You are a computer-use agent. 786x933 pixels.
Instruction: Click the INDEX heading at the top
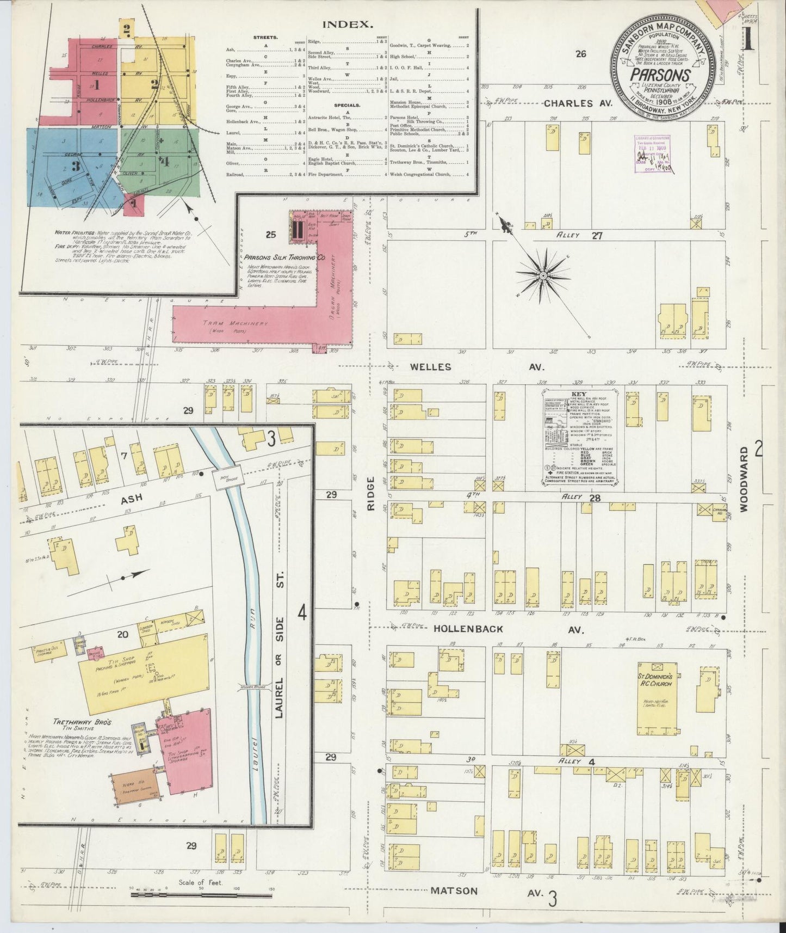pyautogui.click(x=348, y=24)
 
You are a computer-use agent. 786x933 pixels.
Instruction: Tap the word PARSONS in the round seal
pyautogui.click(x=661, y=76)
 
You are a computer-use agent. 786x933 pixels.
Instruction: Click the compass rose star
pyautogui.click(x=542, y=277)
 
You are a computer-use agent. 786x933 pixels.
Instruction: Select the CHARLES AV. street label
pyautogui.click(x=578, y=103)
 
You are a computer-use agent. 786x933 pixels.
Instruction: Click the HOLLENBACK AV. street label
pyautogui.click(x=508, y=629)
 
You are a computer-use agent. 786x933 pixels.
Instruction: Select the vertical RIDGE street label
pyautogui.click(x=372, y=493)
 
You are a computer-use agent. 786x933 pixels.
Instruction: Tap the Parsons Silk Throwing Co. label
pyautogui.click(x=284, y=257)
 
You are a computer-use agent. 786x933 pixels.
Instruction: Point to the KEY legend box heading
pyautogui.click(x=578, y=394)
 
